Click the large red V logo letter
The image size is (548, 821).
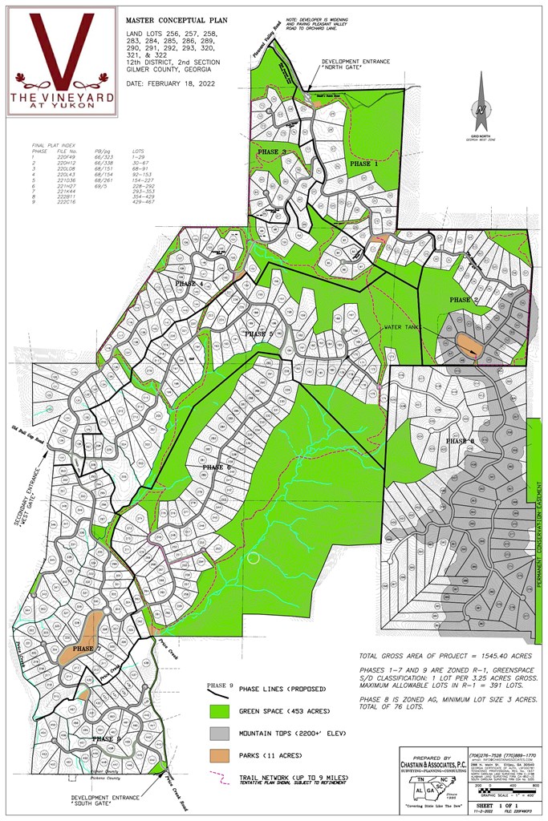[63, 48]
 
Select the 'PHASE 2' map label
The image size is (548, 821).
[465, 300]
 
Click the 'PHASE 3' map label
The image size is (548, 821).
[273, 152]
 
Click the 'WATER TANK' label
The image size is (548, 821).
[380, 328]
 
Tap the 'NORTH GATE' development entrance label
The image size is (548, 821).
[347, 65]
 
